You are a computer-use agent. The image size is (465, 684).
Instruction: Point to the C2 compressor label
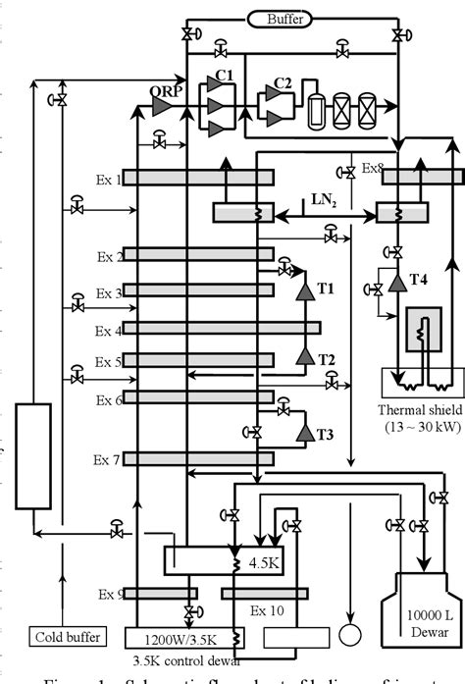[283, 83]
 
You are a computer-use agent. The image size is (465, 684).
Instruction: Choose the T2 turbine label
[327, 359]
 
